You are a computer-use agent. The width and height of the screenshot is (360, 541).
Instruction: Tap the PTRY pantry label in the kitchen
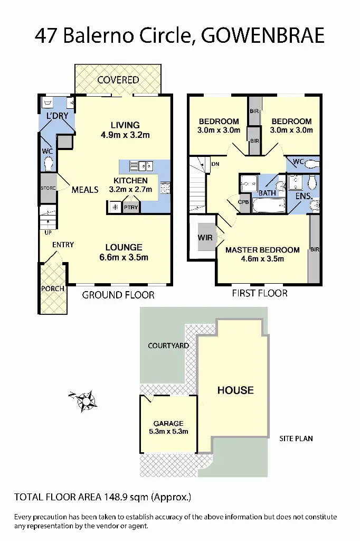point(131,208)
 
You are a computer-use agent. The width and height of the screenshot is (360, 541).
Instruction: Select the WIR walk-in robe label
point(205,238)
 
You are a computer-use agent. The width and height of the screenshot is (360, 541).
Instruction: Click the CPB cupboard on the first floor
point(243,202)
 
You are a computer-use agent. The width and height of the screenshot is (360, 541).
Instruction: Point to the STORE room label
point(48,188)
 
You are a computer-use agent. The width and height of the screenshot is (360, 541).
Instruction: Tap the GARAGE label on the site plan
point(168,423)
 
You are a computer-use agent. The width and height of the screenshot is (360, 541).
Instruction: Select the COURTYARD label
point(168,346)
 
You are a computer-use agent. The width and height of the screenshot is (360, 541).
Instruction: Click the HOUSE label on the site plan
point(235,390)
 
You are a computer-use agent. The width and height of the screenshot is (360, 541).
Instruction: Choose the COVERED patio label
point(118,80)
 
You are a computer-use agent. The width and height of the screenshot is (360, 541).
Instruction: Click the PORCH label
point(52,288)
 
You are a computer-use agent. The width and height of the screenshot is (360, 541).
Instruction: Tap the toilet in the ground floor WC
point(49,164)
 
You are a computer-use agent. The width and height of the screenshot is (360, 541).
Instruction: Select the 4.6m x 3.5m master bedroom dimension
point(262,259)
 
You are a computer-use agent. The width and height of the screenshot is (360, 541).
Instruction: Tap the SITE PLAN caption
point(296,439)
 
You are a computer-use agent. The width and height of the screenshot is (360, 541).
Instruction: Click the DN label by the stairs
point(215,164)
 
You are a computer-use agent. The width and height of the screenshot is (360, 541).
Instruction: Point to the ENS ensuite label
point(303,195)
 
